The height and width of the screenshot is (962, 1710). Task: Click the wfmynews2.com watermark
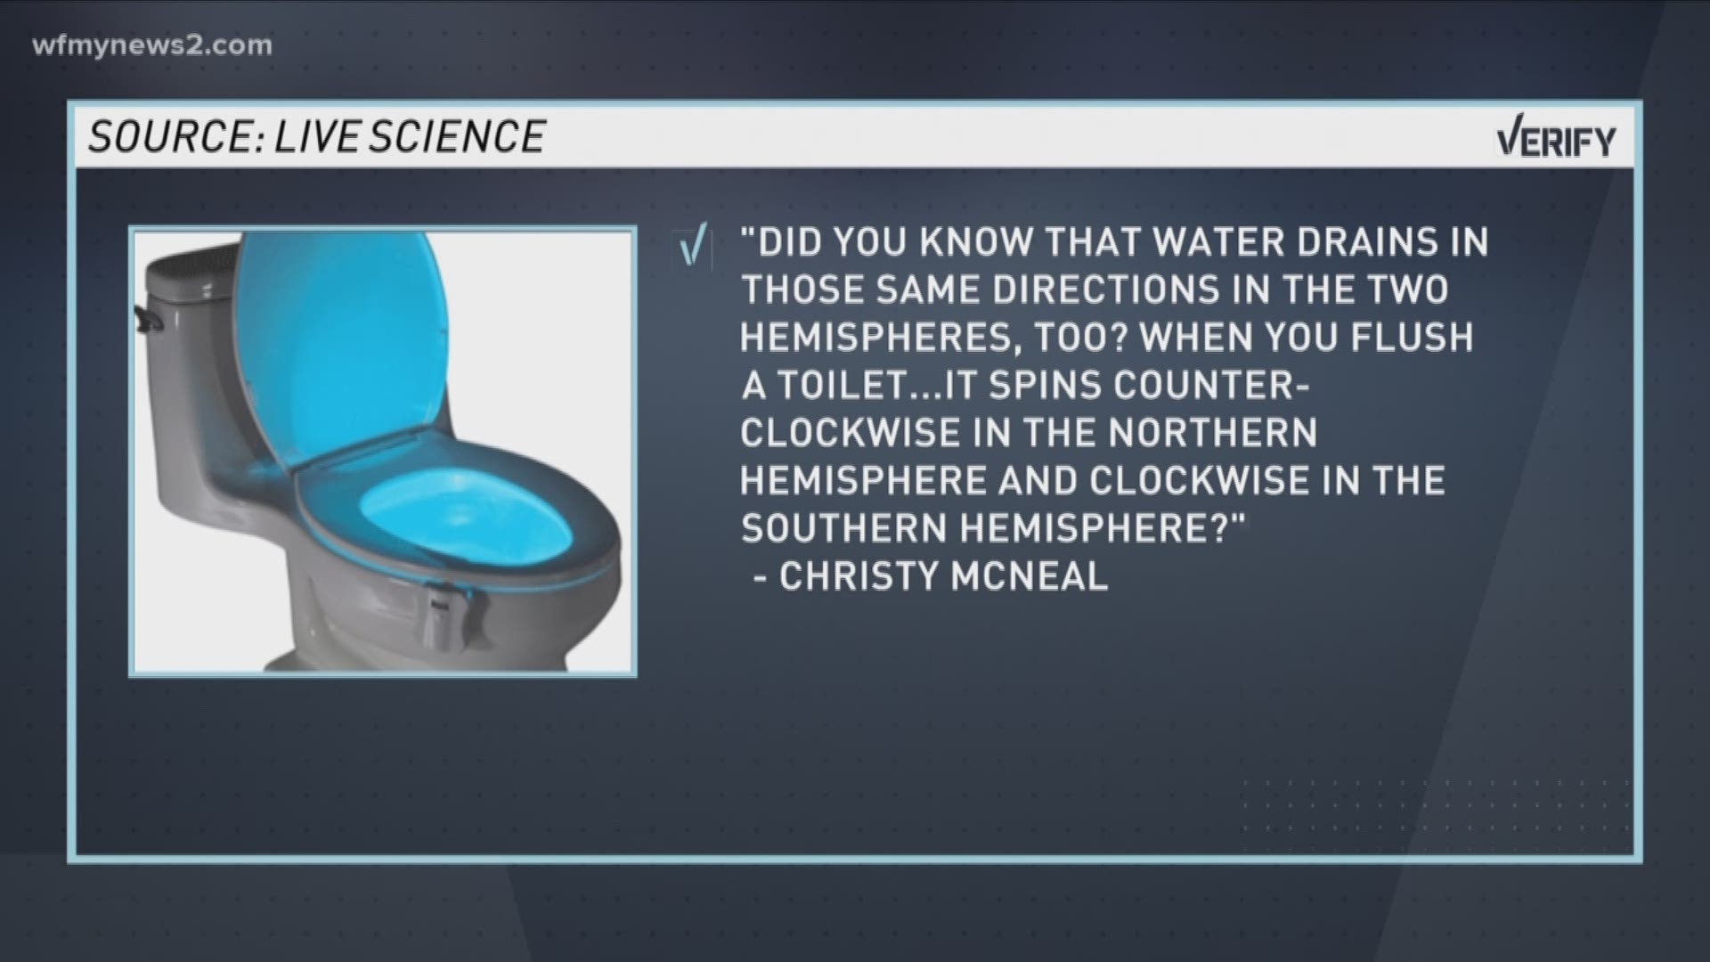(152, 45)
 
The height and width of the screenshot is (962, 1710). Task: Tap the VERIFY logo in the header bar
(1555, 141)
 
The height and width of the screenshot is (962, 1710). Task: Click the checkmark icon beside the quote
(692, 247)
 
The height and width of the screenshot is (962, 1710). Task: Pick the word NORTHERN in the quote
(1212, 434)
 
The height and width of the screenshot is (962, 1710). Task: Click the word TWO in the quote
(1405, 289)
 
